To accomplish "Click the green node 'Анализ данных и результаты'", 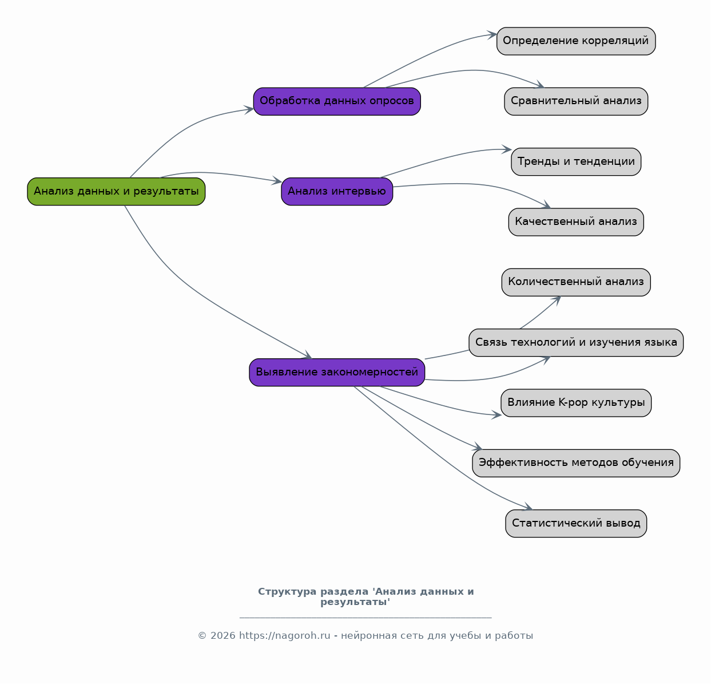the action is click(x=116, y=192).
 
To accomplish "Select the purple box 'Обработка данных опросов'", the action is click(x=337, y=101).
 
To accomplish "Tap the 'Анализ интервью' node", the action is click(x=337, y=192).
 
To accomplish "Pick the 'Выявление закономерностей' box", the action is click(x=337, y=373).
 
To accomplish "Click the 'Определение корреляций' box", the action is click(x=577, y=41).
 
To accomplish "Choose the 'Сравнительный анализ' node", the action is click(x=577, y=101).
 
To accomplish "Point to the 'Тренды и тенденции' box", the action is click(x=577, y=161).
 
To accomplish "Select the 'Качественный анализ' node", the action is click(x=577, y=222).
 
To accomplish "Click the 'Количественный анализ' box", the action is click(x=577, y=282).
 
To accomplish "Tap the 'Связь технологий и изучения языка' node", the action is click(x=577, y=342).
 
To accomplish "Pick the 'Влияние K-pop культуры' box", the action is click(x=577, y=403).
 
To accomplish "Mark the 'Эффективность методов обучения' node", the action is click(x=577, y=463).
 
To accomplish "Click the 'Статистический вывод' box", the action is click(x=577, y=524).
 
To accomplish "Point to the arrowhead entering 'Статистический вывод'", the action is click(x=529, y=507).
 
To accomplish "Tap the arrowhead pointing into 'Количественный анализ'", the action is click(x=557, y=300).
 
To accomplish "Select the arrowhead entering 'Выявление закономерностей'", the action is click(x=307, y=355).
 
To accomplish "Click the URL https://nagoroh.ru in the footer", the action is click(x=285, y=636).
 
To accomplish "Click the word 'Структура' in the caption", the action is click(x=288, y=592).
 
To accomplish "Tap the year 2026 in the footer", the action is click(x=223, y=636).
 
